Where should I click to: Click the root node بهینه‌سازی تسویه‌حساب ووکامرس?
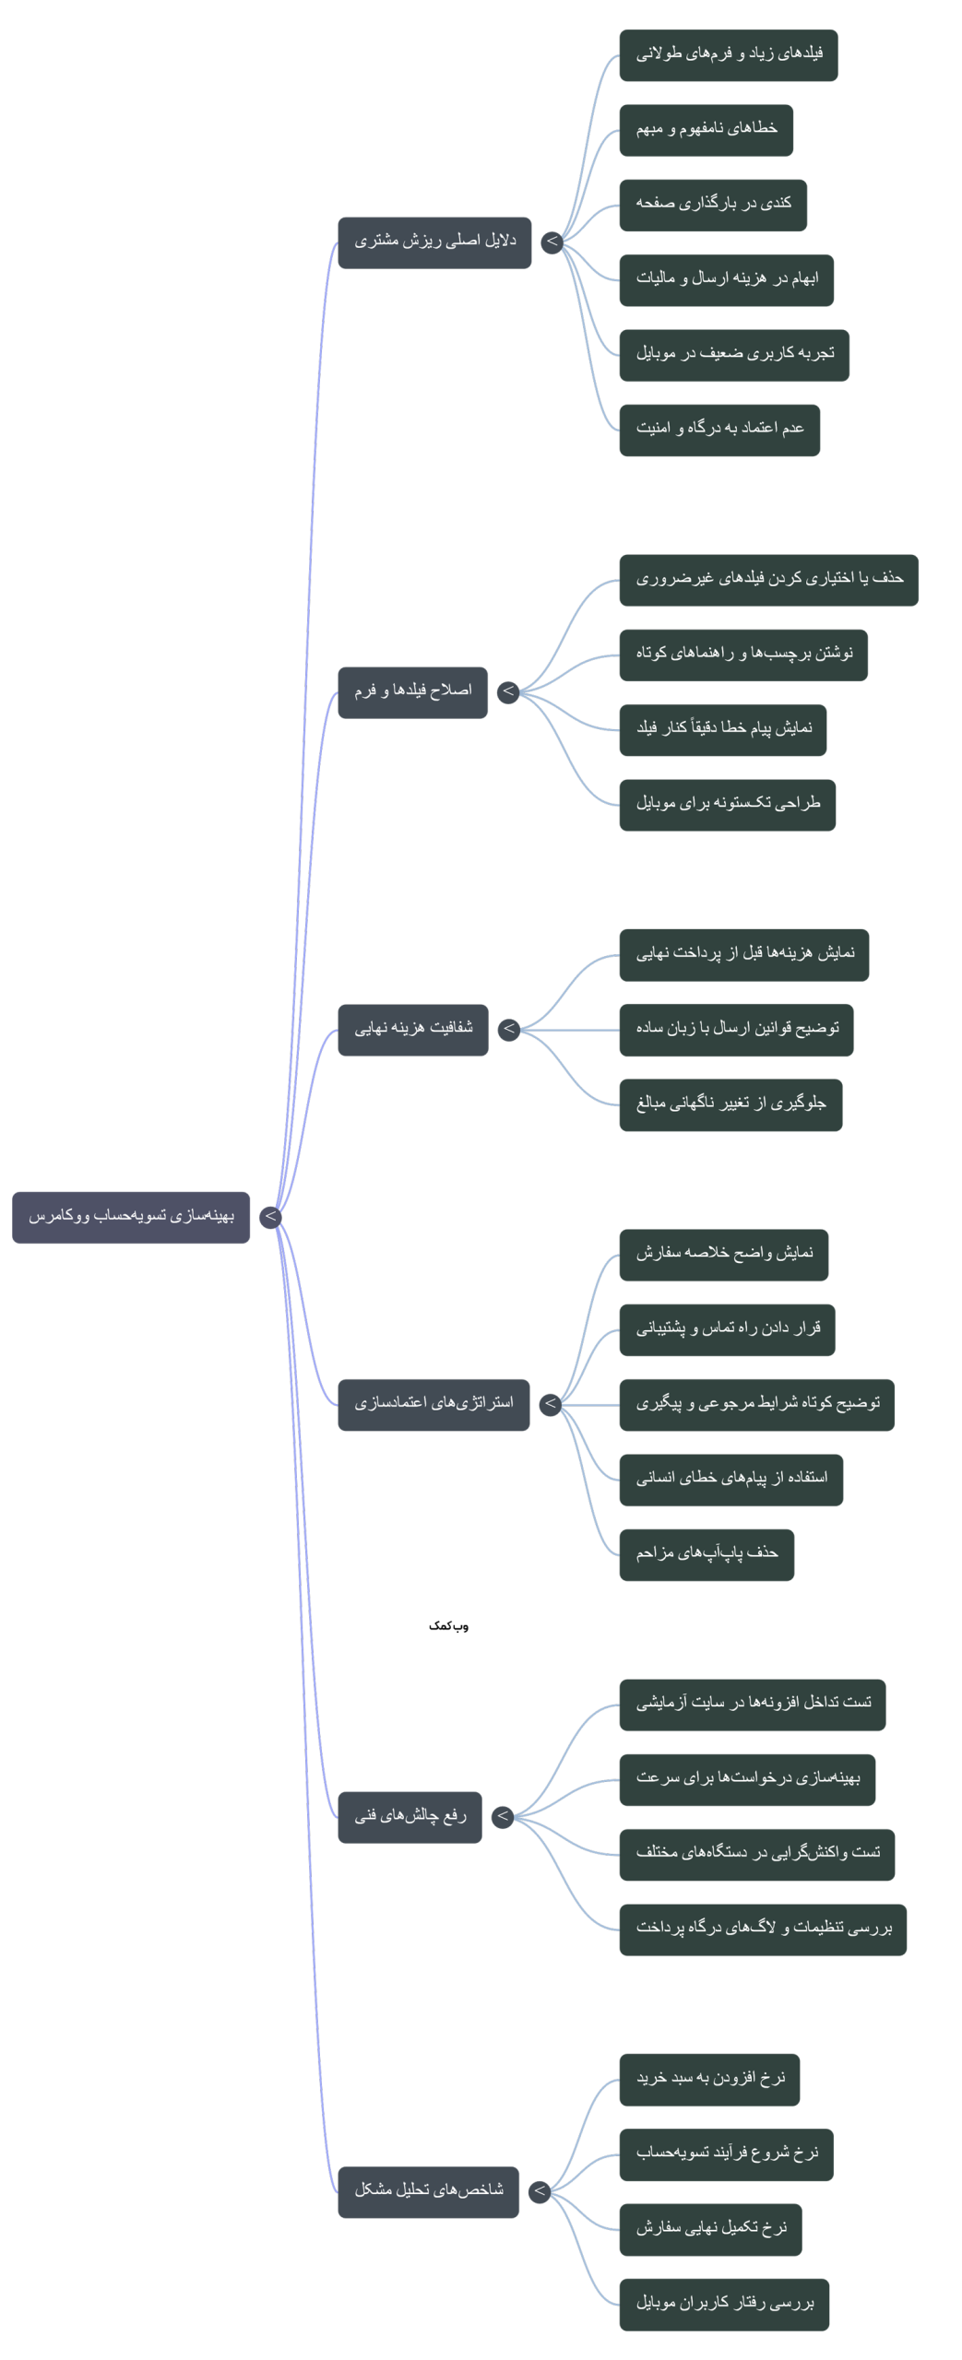tap(130, 1217)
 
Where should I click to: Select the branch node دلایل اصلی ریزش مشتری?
tap(434, 242)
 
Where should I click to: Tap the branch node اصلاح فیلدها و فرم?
tap(412, 692)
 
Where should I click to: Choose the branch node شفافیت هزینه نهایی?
tap(412, 1030)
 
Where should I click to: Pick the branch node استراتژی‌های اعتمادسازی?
tap(433, 1405)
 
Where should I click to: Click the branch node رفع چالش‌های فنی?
tap(410, 1817)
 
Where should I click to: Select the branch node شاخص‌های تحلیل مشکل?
tap(428, 2192)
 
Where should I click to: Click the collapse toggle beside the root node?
tap(270, 1217)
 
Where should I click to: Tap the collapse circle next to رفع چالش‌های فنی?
tap(503, 1817)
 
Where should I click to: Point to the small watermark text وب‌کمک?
tap(448, 1626)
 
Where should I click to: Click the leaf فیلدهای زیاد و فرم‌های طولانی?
tap(729, 55)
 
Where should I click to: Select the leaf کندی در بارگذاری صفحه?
tap(713, 205)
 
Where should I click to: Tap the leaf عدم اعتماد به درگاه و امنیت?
tap(719, 430)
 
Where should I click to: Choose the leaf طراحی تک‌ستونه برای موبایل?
tap(728, 805)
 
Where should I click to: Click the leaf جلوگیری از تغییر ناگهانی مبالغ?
tap(730, 1104)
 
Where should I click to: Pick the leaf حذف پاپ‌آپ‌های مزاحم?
tap(707, 1554)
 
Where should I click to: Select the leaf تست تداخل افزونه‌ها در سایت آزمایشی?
tap(753, 1705)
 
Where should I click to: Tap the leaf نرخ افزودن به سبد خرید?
tap(709, 2080)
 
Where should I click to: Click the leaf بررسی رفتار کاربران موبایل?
tap(724, 2305)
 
